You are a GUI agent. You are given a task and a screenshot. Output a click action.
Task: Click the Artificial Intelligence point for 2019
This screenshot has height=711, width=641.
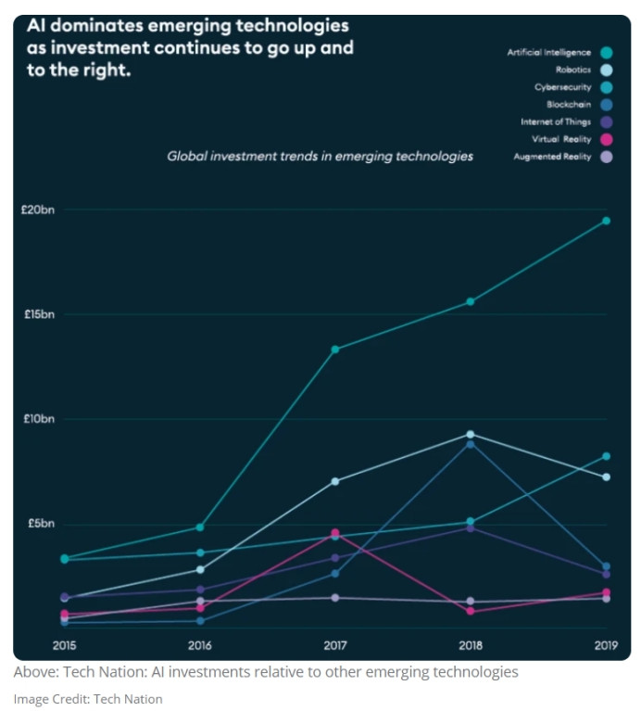[x=607, y=221]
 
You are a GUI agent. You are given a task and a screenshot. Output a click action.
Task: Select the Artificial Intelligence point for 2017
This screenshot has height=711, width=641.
[x=335, y=349]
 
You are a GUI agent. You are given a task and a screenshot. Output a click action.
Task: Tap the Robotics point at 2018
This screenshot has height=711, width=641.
[x=471, y=434]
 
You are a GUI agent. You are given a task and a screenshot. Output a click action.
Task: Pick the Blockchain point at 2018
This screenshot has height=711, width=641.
[x=471, y=444]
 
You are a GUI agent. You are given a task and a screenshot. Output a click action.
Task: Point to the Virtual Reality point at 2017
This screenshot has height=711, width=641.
[x=335, y=533]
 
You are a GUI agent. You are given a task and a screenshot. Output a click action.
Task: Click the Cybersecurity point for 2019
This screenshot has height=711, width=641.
[x=607, y=456]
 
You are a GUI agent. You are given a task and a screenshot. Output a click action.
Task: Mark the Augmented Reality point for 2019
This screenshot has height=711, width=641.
[x=607, y=599]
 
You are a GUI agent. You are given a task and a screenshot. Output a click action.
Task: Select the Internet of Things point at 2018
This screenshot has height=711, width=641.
[x=471, y=528]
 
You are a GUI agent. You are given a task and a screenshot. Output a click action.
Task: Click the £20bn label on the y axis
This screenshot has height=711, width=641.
[x=38, y=210]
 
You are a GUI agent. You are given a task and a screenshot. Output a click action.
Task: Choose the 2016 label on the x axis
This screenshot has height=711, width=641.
[x=200, y=645]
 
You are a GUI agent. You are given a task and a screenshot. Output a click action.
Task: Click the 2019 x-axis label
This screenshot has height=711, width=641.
[x=607, y=645]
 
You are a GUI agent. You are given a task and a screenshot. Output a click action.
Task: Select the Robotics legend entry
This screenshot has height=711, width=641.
[x=573, y=70]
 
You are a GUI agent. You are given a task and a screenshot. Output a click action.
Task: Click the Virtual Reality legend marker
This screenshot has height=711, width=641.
[x=607, y=140]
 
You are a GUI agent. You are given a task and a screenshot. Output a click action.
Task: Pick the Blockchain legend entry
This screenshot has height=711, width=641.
[x=570, y=105]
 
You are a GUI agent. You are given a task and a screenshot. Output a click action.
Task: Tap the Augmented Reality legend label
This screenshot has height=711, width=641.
[x=552, y=158]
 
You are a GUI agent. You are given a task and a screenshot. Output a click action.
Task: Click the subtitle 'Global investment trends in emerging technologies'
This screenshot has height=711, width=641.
[x=320, y=157]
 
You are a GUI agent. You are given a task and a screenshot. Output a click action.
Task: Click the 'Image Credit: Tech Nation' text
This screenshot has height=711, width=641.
[x=88, y=699]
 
